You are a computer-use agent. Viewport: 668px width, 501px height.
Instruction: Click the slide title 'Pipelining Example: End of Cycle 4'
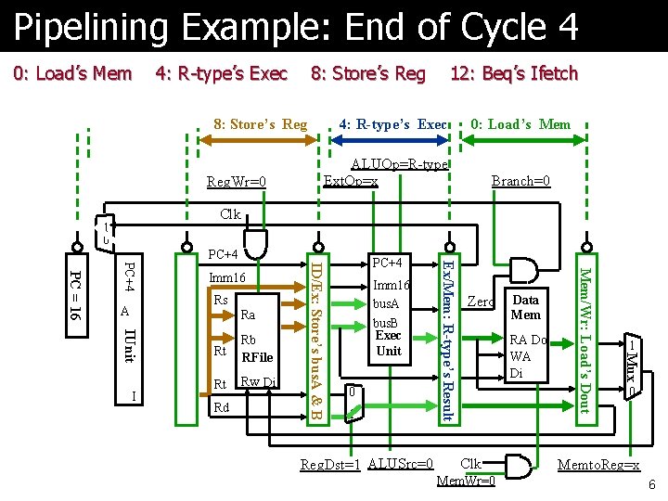[x=295, y=28]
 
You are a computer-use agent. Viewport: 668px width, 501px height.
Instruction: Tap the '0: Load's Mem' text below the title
[x=72, y=73]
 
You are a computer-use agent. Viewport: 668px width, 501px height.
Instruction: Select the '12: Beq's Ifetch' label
[x=513, y=73]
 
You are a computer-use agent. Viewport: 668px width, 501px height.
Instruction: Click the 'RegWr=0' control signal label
[x=236, y=181]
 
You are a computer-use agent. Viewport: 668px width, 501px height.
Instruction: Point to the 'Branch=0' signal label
[x=520, y=181]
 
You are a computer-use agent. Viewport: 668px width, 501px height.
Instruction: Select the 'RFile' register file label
[x=257, y=356]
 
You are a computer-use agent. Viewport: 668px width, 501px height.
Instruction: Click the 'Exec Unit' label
[x=389, y=342]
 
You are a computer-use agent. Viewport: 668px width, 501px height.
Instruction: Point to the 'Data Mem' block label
[x=525, y=307]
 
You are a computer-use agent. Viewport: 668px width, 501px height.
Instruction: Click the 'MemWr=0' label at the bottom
[x=465, y=481]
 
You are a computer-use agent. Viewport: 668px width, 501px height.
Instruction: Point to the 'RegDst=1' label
[x=330, y=464]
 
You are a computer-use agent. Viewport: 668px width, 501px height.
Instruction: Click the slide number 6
[x=652, y=485]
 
